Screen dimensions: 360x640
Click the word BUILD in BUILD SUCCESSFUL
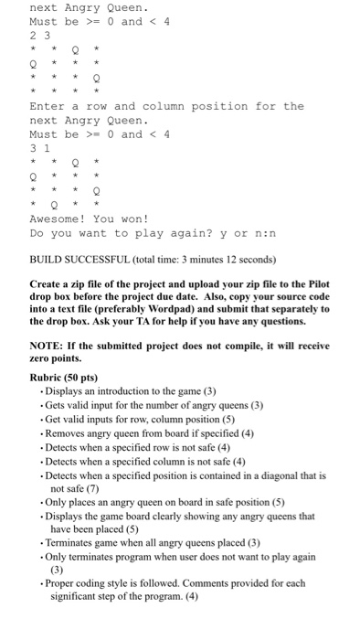click(x=48, y=258)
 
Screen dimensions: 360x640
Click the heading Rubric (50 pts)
click(x=64, y=378)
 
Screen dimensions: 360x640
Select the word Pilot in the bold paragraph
click(x=314, y=283)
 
